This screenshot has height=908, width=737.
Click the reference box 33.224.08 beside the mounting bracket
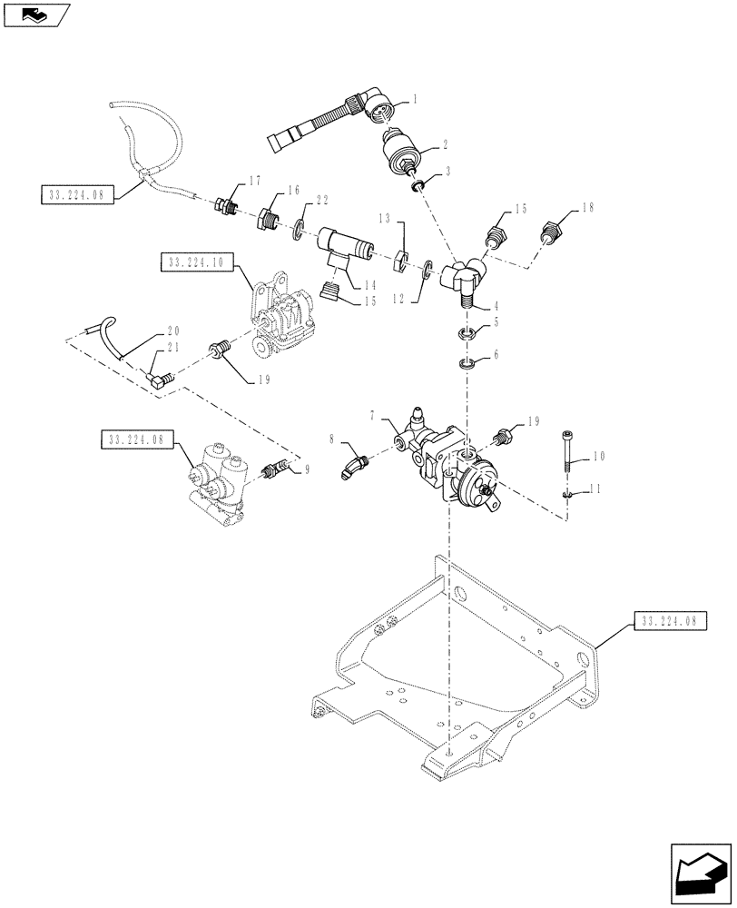pyautogui.click(x=668, y=621)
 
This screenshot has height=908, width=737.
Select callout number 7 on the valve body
pyautogui.click(x=374, y=415)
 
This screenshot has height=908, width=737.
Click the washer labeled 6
pyautogui.click(x=468, y=365)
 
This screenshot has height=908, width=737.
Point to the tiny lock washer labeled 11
pyautogui.click(x=568, y=494)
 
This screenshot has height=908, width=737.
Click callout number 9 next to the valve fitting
pyautogui.click(x=307, y=470)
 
